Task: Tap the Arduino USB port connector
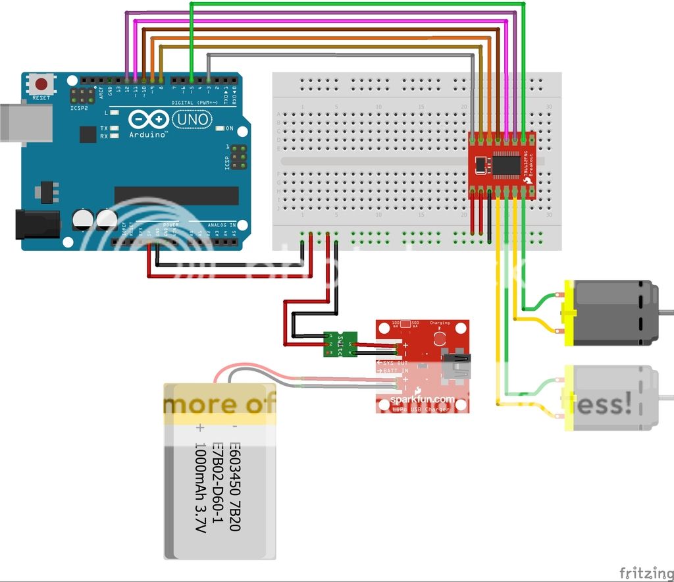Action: point(25,122)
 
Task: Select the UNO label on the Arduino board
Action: point(192,120)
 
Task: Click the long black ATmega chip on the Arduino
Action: point(176,196)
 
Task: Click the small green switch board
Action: point(340,344)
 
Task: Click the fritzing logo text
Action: point(646,571)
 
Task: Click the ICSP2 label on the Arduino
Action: point(78,107)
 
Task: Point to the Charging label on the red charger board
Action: point(439,323)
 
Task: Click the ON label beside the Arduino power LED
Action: point(229,128)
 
